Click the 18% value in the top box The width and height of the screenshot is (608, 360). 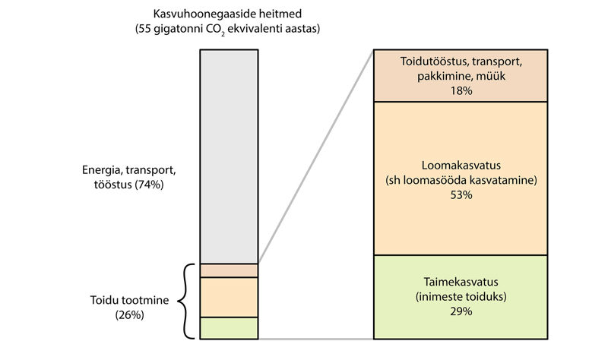pos(461,90)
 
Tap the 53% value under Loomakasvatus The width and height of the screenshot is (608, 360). pos(461,195)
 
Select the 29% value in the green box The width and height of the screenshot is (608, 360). pos(461,311)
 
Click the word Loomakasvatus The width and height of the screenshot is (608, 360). pos(461,166)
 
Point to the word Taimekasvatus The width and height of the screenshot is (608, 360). pos(461,282)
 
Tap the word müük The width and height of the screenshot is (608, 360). pos(490,76)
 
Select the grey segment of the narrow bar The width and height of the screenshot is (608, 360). pos(230,156)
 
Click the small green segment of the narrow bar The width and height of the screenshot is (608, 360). pos(230,328)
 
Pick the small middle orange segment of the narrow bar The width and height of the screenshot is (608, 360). pos(230,297)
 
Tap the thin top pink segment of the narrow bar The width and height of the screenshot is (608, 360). pos(230,270)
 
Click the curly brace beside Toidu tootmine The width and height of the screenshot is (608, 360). pos(183,301)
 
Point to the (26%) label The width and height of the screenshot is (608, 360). pos(129,315)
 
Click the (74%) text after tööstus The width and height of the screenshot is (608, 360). pos(149,185)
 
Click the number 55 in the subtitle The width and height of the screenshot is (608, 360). pos(144,29)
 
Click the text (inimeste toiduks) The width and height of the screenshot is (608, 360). pos(461,297)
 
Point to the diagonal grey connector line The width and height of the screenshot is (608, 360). pos(316,156)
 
